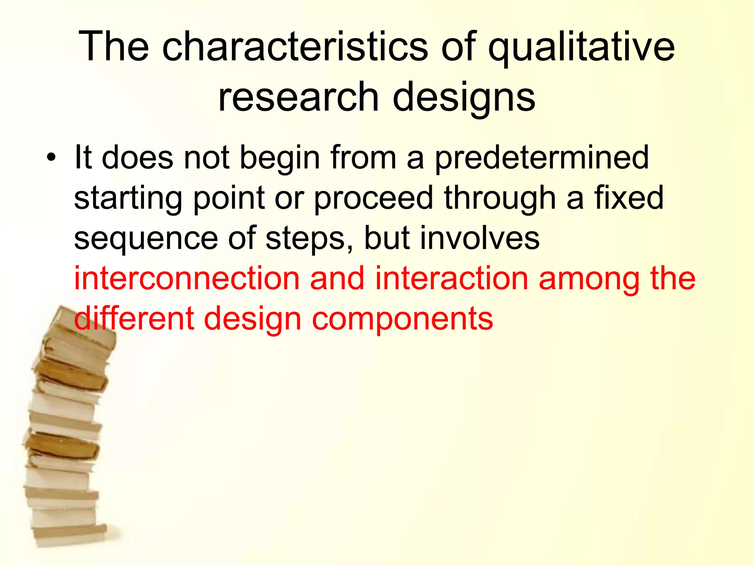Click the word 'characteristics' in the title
(x=295, y=47)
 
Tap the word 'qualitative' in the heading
(x=581, y=47)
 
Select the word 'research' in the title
(x=298, y=97)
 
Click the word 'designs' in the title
(x=464, y=97)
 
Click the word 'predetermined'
(x=542, y=158)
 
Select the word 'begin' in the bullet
(x=280, y=158)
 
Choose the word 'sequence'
(x=146, y=239)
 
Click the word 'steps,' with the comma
(x=309, y=239)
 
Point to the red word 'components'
(x=402, y=319)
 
